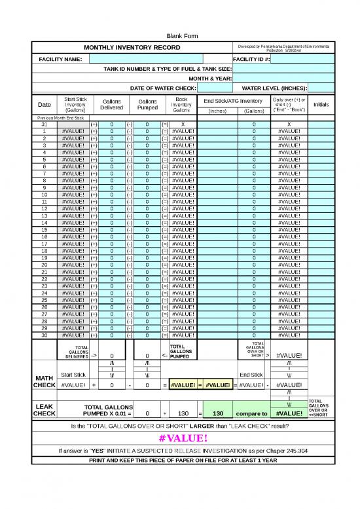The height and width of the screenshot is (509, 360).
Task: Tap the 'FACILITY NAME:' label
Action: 60,59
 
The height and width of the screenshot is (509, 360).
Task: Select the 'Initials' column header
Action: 321,104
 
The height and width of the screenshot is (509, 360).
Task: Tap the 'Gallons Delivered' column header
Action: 111,105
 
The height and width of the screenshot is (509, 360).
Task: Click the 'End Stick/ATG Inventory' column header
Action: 233,100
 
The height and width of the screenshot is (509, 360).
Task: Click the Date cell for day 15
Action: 44,230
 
